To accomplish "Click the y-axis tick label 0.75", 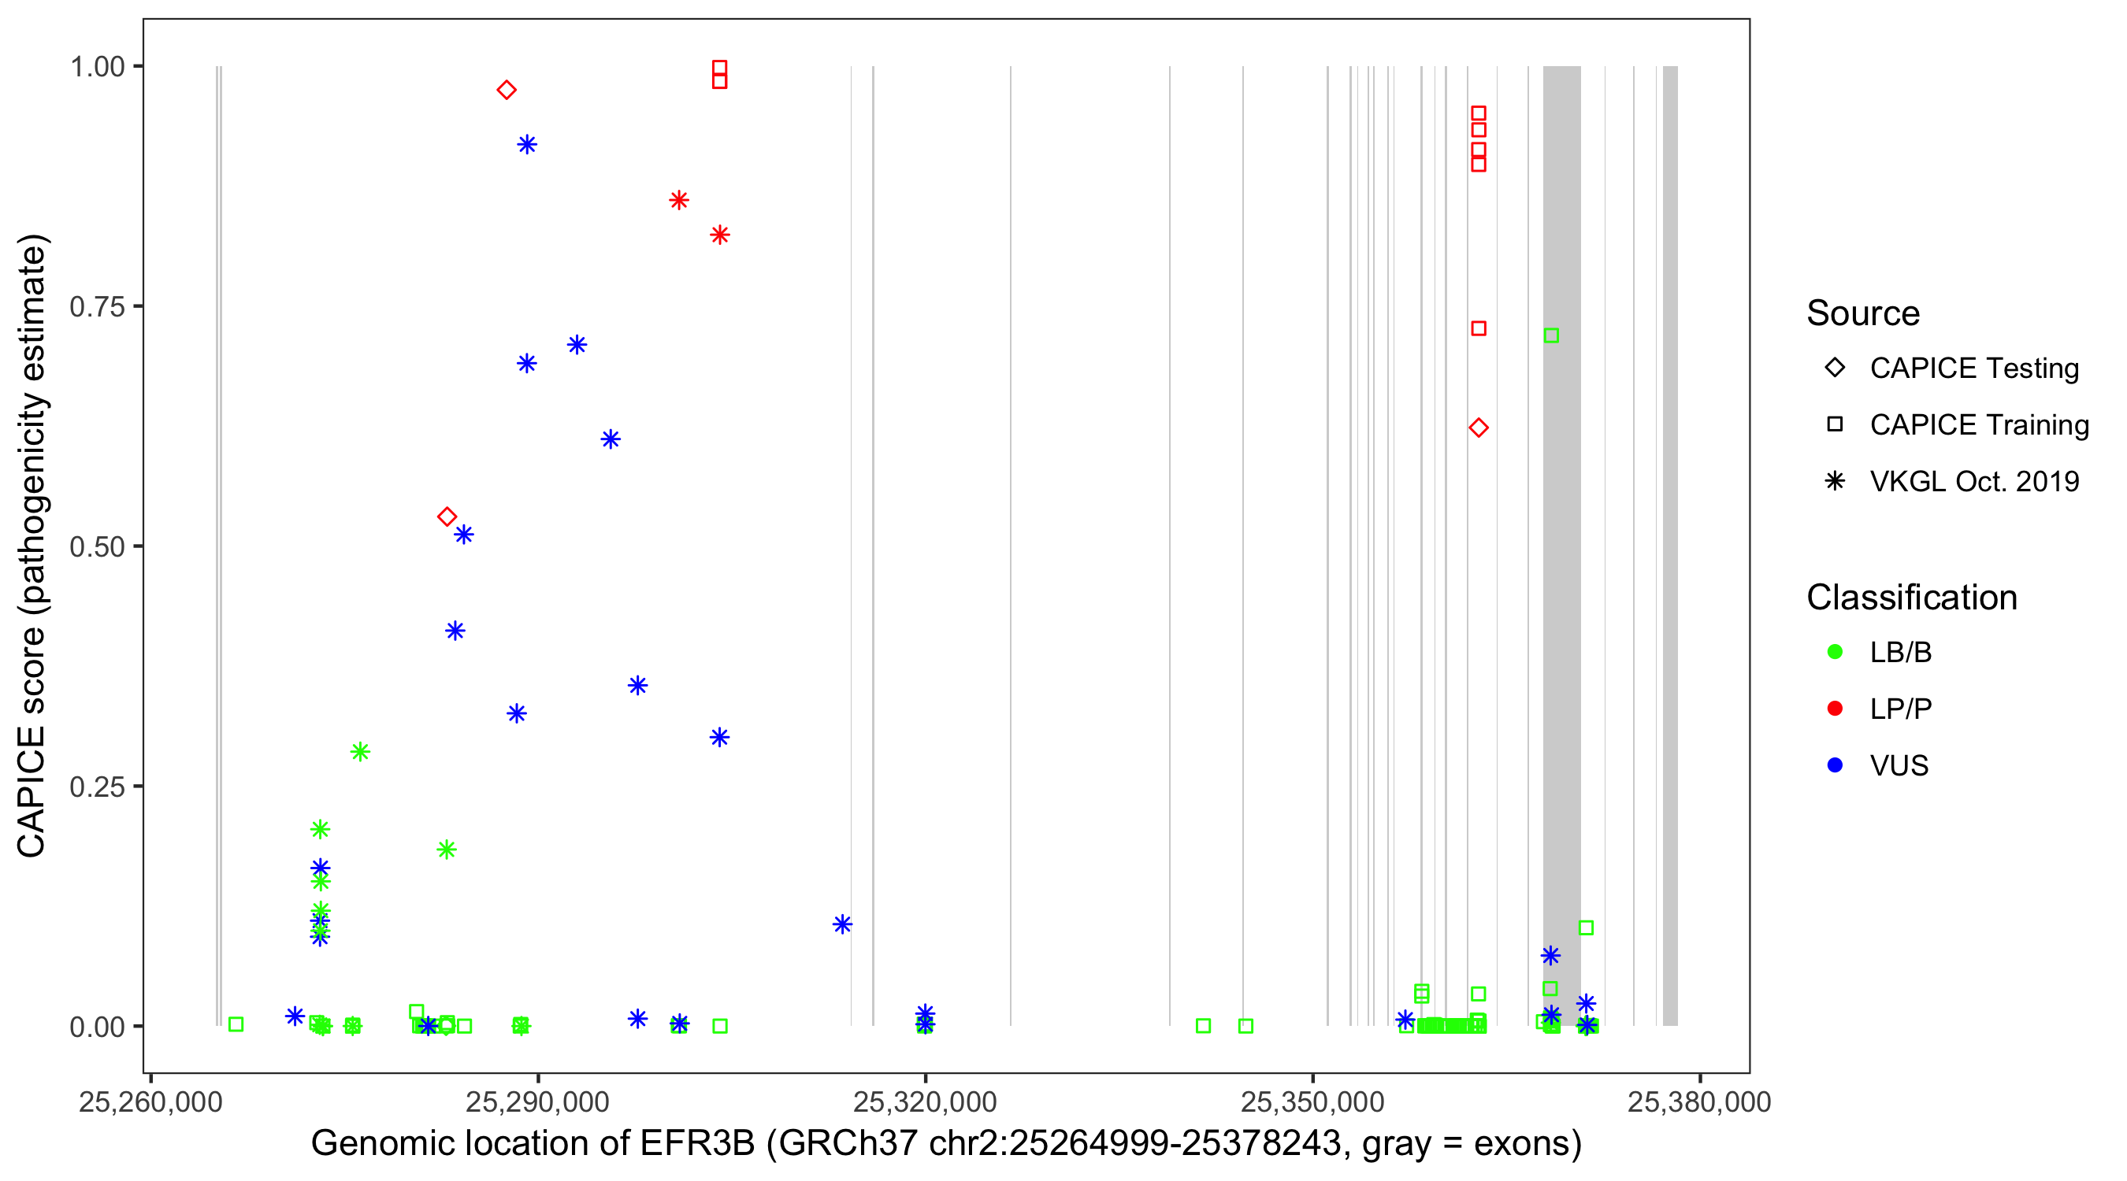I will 97,307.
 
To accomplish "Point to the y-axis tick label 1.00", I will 97,67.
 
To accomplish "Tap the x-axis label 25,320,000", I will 925,1101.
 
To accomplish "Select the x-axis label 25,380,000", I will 1699,1101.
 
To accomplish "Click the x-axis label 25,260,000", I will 150,1101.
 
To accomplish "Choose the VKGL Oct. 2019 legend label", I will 1974,481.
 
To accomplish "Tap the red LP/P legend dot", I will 1835,709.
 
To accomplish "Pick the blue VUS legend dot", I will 1835,765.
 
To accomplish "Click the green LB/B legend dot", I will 1835,652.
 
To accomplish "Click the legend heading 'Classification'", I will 1911,598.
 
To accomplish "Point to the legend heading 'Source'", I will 1863,313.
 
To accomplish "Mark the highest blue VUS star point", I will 527,145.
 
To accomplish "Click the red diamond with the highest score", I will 507,90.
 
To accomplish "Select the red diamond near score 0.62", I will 1479,428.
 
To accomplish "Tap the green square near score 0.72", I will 1551,335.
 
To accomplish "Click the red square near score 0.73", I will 1479,328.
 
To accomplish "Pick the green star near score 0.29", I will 360,752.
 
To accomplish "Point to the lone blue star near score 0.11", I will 842,924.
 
